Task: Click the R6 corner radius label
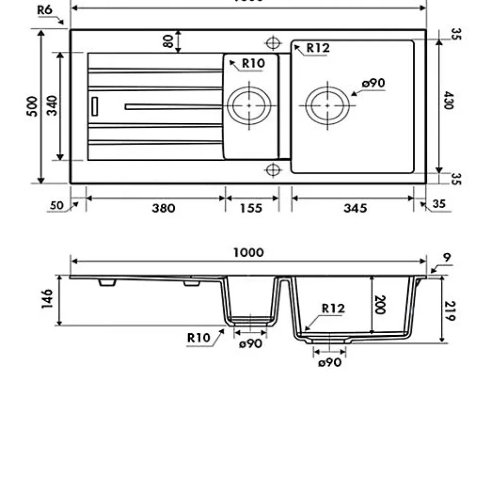(45, 10)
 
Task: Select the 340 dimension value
(52, 106)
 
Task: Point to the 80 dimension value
(169, 41)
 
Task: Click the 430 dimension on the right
(449, 100)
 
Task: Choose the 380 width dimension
(163, 208)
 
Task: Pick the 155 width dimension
(252, 208)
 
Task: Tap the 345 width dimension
(355, 208)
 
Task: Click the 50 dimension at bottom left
(56, 206)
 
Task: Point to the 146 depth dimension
(48, 300)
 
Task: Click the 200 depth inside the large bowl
(379, 304)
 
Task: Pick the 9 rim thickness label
(447, 258)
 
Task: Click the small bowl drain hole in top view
(249, 105)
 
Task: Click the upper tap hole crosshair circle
(273, 42)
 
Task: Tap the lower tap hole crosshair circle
(273, 169)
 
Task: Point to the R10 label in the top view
(253, 64)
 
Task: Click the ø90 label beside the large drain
(374, 83)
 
